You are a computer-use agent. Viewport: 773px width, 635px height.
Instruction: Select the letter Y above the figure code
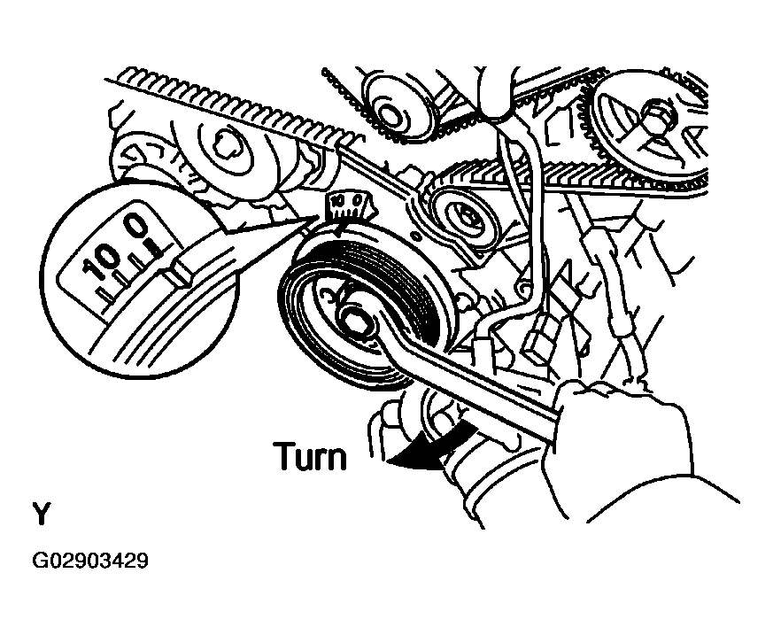[x=41, y=514]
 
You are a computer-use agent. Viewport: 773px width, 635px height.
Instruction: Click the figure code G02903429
[x=90, y=561]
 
